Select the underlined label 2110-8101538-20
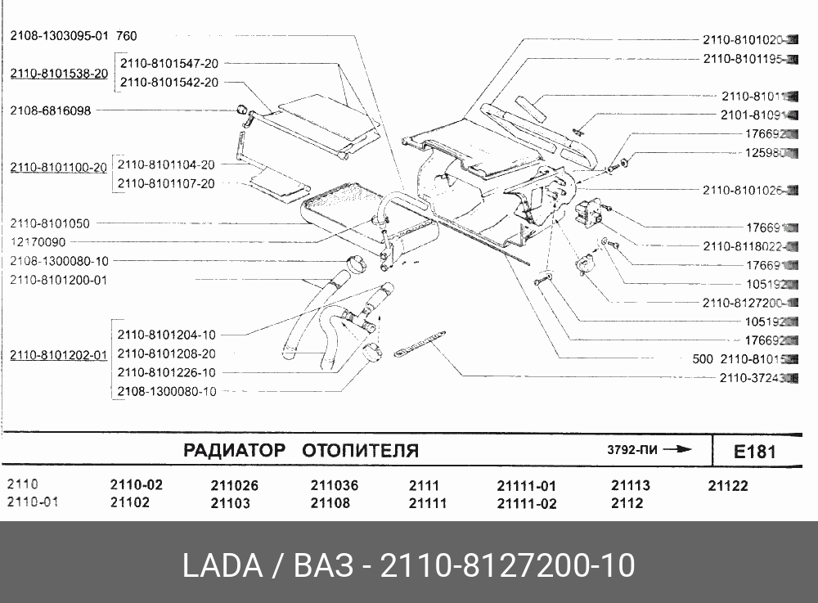(59, 74)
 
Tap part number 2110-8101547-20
(169, 63)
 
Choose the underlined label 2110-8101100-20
(59, 168)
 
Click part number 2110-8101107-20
(166, 183)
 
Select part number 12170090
(38, 242)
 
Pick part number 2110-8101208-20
(166, 353)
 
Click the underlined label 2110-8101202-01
(59, 355)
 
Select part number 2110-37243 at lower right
(753, 378)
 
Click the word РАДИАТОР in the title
(234, 451)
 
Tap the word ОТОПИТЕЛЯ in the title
(361, 451)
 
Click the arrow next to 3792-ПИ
(678, 449)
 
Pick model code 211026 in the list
(234, 485)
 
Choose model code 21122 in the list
(728, 485)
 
